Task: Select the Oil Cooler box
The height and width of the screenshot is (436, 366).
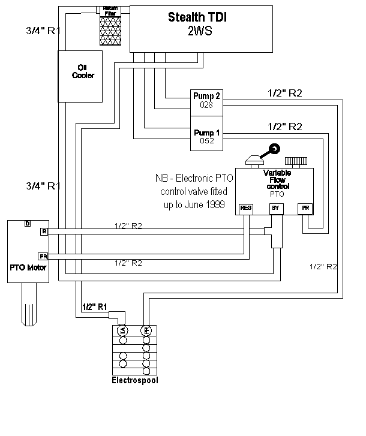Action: pyautogui.click(x=79, y=76)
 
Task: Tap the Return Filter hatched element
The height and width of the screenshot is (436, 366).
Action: pyautogui.click(x=109, y=27)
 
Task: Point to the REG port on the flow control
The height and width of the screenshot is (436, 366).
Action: pyautogui.click(x=246, y=208)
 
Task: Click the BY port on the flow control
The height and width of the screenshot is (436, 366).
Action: pyautogui.click(x=276, y=208)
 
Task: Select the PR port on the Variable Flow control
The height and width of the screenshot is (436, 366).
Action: pyautogui.click(x=305, y=208)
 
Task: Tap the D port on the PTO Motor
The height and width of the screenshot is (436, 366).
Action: pyautogui.click(x=28, y=224)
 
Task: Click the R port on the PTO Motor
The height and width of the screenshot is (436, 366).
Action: pyautogui.click(x=43, y=231)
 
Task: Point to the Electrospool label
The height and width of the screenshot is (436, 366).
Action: pyautogui.click(x=135, y=380)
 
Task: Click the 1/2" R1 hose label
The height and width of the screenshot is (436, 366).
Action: pyautogui.click(x=94, y=307)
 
